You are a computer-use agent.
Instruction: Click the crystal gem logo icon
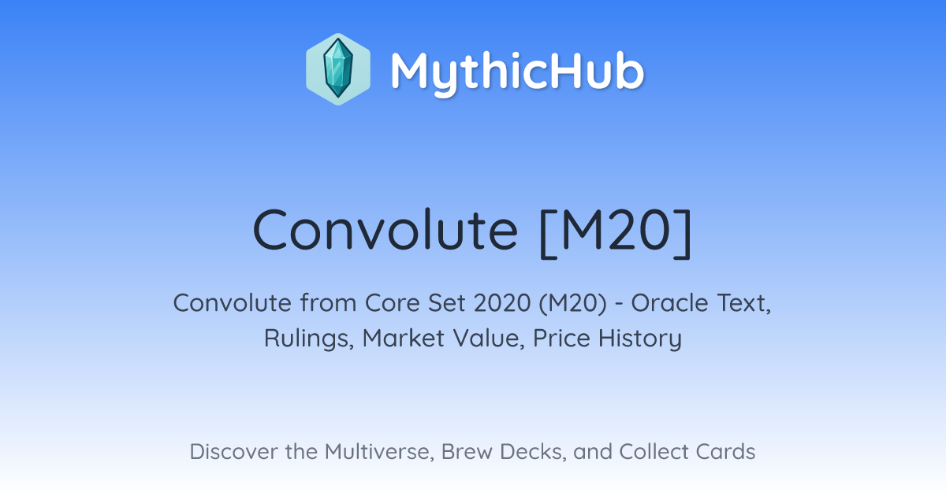pos(338,68)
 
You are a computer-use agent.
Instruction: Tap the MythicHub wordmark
pos(517,72)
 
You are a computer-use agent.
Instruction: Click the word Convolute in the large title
pos(385,231)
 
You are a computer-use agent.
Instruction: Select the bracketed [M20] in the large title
pos(616,232)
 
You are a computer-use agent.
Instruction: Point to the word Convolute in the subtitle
pos(233,303)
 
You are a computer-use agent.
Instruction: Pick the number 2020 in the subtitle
pos(502,303)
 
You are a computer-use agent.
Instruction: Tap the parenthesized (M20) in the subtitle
pos(572,303)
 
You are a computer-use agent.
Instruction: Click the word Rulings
pos(309,339)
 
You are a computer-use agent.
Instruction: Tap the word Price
pos(561,338)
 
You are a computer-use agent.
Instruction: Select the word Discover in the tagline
pos(233,451)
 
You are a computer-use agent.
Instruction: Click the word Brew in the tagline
pos(467,451)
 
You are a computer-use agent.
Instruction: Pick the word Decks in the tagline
pos(533,452)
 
